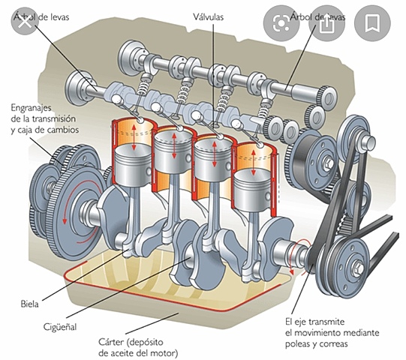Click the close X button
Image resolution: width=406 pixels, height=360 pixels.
coord(25,23)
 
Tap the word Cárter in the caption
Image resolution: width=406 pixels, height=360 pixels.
coord(115,341)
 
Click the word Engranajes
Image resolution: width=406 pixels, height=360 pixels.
coord(34,108)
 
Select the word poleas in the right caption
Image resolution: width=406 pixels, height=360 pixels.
coord(301,345)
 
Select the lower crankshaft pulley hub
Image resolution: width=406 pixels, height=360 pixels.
coord(359,266)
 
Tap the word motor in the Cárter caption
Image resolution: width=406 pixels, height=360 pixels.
coord(165,352)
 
